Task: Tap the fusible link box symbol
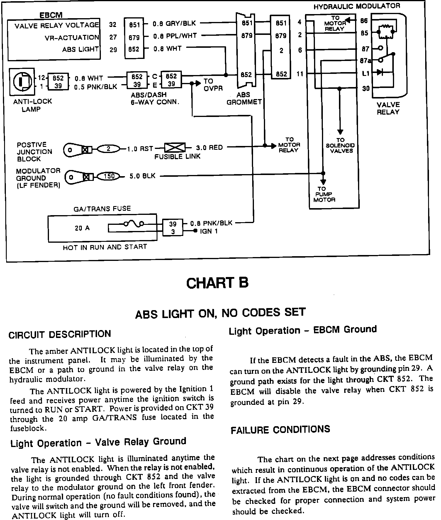pos(175,147)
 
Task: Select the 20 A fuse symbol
pos(133,224)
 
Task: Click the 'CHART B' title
pos(217,283)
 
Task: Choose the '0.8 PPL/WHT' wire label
pos(175,36)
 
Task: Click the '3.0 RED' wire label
pos(209,147)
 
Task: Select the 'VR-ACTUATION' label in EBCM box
pos(72,38)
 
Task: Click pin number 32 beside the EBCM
pos(113,25)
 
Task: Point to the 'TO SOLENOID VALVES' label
pos(340,145)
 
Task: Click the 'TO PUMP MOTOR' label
pos(324,194)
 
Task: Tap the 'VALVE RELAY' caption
pos(388,108)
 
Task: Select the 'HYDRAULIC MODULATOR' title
pos(357,6)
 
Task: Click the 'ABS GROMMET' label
pos(244,98)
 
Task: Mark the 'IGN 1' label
pos(209,232)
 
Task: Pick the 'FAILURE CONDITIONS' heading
pos(280,430)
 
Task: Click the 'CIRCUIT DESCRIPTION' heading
pos(60,334)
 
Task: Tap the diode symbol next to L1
pos(380,72)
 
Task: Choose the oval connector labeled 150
pos(108,176)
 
